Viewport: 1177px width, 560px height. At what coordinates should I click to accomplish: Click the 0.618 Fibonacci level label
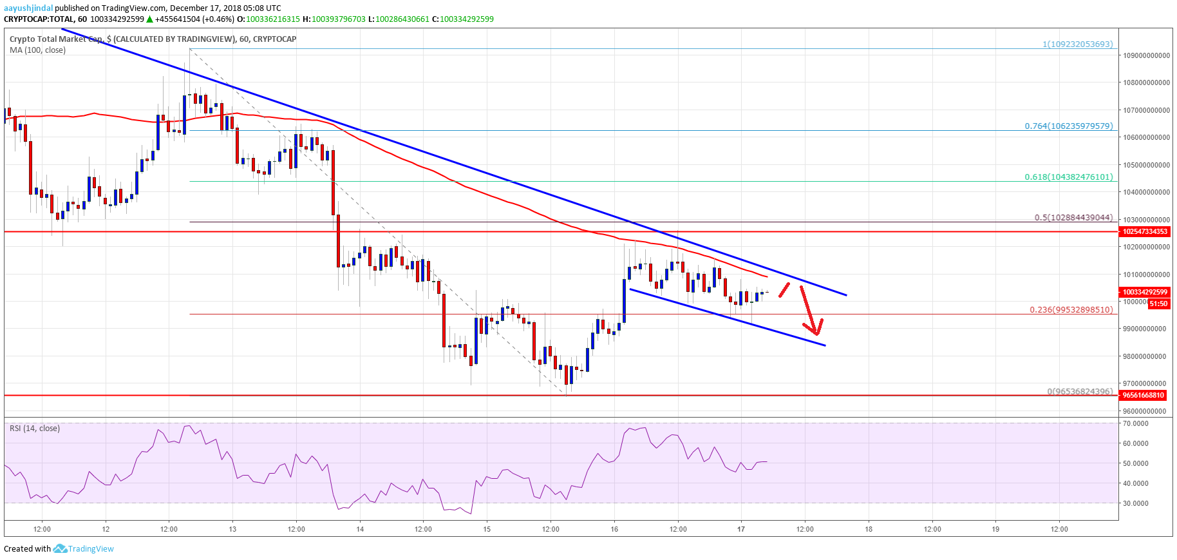coord(1068,177)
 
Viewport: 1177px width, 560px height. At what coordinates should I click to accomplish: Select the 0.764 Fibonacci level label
coord(1068,126)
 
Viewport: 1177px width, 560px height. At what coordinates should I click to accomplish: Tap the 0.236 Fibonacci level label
coord(1071,309)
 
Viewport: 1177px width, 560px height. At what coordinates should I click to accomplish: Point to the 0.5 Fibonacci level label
coord(1073,217)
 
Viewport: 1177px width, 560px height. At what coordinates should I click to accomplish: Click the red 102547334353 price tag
coord(1145,231)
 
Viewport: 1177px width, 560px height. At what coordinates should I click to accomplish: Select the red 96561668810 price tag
coord(1144,395)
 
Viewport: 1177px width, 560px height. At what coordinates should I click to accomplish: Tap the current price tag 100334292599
coord(1145,292)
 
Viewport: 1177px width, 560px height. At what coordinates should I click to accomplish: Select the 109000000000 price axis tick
coord(1147,55)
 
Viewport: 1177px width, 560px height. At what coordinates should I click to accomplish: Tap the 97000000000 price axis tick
coord(1147,383)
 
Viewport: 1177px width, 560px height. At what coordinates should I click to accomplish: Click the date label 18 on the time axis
coord(869,529)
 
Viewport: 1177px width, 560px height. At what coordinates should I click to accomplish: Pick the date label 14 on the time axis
coord(360,529)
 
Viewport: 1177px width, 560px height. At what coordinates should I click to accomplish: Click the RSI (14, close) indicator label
coord(35,429)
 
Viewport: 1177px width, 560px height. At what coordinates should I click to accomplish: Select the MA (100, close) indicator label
coord(37,50)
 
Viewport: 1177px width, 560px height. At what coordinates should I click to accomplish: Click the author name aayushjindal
coord(28,8)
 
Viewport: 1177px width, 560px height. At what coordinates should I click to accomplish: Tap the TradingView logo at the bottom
coord(84,549)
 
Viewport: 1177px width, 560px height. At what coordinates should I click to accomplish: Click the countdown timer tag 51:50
coord(1158,304)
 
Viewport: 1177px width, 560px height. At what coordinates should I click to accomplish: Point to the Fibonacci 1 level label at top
coord(1077,44)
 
